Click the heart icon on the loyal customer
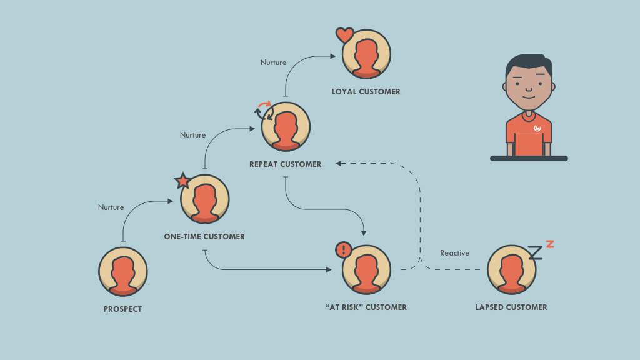(x=344, y=35)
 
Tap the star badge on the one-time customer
(x=182, y=181)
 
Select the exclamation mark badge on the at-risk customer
(x=344, y=250)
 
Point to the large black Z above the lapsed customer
(x=534, y=252)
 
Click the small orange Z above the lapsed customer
(x=549, y=243)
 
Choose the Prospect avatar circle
(x=122, y=271)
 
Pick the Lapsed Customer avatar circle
(x=511, y=269)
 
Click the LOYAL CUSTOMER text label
(x=366, y=92)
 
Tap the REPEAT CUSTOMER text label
(x=285, y=164)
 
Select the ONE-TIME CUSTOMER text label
(x=204, y=237)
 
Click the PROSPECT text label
(x=122, y=309)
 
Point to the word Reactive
(x=454, y=253)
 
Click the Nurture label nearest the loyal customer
(x=273, y=62)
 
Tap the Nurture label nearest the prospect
(x=111, y=207)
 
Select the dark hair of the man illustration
(x=528, y=62)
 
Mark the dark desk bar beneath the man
(x=529, y=159)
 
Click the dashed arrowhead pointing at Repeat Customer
(x=338, y=164)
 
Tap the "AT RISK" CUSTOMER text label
(x=366, y=307)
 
